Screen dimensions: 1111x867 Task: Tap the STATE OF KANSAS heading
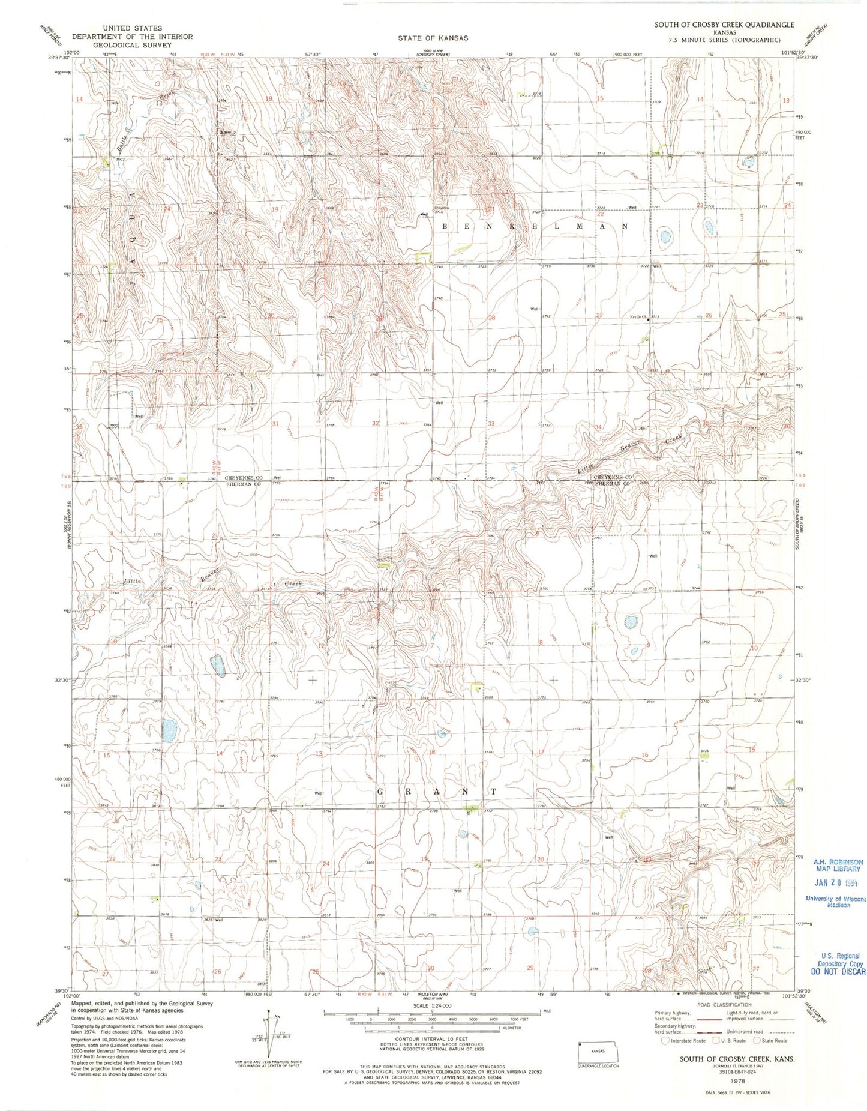coord(433,38)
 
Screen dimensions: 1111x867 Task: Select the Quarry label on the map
coord(225,133)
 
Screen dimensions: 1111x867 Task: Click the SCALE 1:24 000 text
coord(432,1005)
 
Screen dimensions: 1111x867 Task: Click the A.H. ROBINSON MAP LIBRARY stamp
coord(838,865)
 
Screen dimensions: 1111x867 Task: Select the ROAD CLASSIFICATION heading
coord(724,1005)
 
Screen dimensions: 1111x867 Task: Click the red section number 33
coord(491,424)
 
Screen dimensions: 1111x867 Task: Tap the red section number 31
coord(275,424)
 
